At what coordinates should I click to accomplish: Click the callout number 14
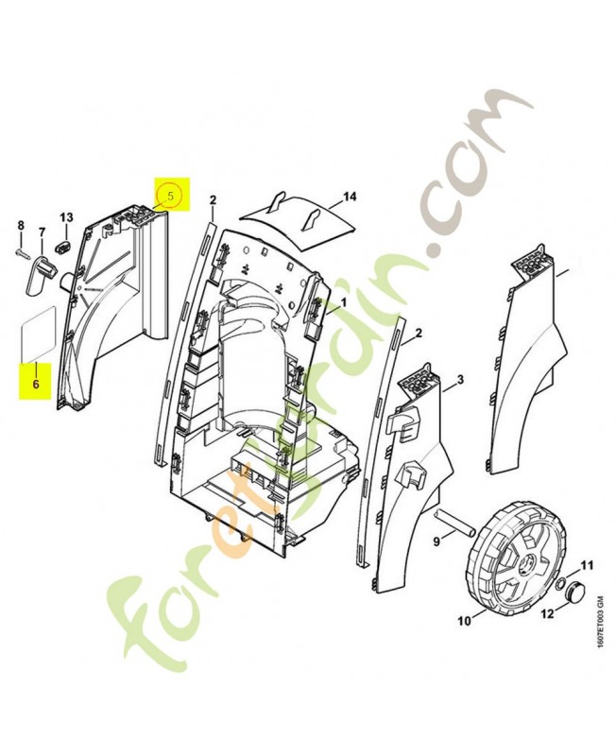pyautogui.click(x=349, y=197)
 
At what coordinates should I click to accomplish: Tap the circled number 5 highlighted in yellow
pyautogui.click(x=170, y=196)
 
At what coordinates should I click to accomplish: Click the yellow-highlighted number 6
pyautogui.click(x=36, y=385)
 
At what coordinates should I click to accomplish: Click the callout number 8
pyautogui.click(x=21, y=225)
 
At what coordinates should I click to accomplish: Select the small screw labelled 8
pyautogui.click(x=24, y=252)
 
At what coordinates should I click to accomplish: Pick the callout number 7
pyautogui.click(x=42, y=231)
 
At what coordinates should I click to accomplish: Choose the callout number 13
pyautogui.click(x=67, y=218)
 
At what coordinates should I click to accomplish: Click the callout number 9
pyautogui.click(x=436, y=542)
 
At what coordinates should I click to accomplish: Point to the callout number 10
pyautogui.click(x=463, y=621)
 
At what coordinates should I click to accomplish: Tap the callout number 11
pyautogui.click(x=586, y=566)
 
